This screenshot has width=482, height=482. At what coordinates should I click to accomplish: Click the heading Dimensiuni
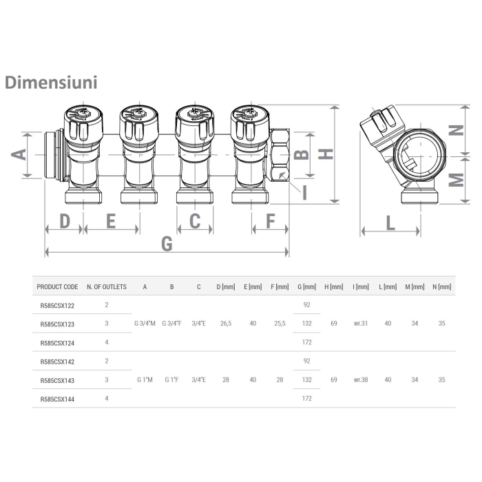52,82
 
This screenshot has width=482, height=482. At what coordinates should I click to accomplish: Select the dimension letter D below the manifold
64,221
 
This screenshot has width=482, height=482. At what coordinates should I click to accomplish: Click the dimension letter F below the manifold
270,221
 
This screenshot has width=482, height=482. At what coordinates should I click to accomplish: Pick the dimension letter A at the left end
20,154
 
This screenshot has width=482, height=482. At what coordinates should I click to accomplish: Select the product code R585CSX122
57,304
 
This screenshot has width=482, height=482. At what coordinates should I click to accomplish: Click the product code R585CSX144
57,398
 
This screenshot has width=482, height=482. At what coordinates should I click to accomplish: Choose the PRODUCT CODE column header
57,286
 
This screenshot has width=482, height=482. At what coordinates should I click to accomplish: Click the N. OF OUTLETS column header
107,286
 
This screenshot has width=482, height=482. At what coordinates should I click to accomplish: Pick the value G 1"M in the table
145,379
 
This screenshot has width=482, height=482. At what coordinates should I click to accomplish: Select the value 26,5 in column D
224,323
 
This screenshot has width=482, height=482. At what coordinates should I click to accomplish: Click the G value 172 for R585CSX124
306,342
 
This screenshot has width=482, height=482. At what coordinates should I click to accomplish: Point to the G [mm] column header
306,286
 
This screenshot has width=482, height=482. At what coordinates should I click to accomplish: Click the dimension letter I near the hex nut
304,192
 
